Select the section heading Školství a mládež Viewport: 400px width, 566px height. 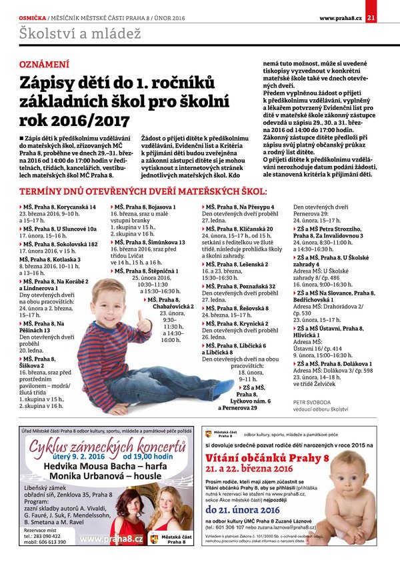(71, 33)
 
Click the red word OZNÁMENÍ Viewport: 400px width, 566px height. (44, 65)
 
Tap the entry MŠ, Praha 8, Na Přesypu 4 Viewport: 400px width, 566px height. (242, 207)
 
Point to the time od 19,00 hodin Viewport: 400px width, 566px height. (152, 456)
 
